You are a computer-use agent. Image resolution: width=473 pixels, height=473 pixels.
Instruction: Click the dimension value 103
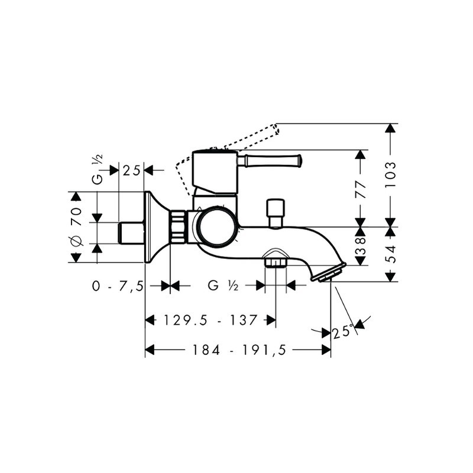391,174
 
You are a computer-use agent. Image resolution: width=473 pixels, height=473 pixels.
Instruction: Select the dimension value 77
361,189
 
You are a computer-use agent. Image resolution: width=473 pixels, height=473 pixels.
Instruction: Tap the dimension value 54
391,254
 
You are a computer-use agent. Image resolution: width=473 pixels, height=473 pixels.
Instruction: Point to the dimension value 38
361,246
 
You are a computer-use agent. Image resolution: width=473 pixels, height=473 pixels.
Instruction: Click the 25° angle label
343,332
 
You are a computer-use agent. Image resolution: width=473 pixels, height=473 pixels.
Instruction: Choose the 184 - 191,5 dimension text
239,350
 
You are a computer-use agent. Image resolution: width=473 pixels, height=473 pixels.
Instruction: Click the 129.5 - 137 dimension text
210,320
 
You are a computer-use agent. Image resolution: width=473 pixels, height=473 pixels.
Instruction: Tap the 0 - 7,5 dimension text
118,286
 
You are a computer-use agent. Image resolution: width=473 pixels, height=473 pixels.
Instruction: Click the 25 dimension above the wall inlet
131,171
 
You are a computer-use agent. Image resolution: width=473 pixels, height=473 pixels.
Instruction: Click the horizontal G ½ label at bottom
223,286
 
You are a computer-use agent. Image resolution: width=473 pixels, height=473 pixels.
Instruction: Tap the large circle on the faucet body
216,226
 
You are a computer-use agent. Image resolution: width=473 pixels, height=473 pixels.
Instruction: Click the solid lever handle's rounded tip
299,160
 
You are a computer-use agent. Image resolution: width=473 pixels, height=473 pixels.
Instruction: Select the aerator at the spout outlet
329,273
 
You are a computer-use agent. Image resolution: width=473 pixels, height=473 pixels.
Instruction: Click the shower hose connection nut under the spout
275,262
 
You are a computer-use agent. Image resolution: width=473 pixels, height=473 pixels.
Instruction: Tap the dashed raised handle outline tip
276,129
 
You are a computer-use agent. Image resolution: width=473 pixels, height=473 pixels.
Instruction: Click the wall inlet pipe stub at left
132,233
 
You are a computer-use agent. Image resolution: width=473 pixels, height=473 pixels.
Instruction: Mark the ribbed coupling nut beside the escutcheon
179,226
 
